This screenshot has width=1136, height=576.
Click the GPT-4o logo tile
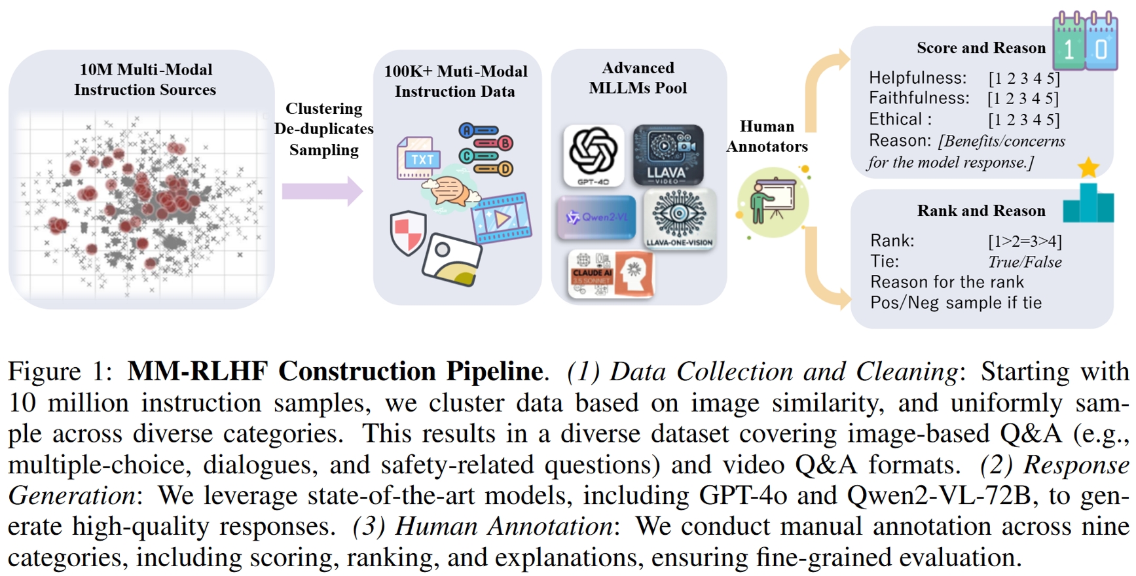pyautogui.click(x=593, y=156)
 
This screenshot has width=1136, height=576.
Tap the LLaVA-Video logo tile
pyautogui.click(x=668, y=155)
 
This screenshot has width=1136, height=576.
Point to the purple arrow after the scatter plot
pyautogui.click(x=321, y=191)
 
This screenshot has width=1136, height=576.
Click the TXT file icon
pyautogui.click(x=417, y=158)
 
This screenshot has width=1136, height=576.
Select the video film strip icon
pyautogui.click(x=501, y=217)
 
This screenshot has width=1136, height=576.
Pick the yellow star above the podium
pyautogui.click(x=1088, y=168)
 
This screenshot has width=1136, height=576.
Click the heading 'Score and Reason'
pyautogui.click(x=981, y=48)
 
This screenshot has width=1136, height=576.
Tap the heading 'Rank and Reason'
pyautogui.click(x=981, y=211)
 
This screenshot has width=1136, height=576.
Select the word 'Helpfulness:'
pyautogui.click(x=917, y=78)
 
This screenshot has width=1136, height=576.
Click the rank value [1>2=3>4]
pyautogui.click(x=1025, y=241)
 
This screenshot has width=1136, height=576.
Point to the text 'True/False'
pyautogui.click(x=1025, y=262)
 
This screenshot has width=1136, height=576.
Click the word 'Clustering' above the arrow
pyautogui.click(x=323, y=109)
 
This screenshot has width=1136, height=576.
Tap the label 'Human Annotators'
pyautogui.click(x=767, y=136)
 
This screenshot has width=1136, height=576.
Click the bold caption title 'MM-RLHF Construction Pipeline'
pyautogui.click(x=335, y=371)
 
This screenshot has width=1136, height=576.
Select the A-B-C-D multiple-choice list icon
pyautogui.click(x=486, y=149)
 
